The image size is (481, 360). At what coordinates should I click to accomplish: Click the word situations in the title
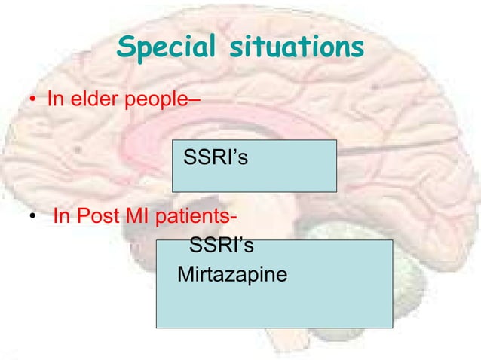[290, 49]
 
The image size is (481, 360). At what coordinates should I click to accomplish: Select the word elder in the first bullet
[91, 99]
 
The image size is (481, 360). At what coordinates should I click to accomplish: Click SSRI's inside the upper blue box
[216, 160]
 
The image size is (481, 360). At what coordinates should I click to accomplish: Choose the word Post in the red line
[100, 218]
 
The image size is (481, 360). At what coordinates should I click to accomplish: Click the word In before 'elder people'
[55, 99]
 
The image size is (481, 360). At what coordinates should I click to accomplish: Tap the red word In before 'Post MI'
[62, 218]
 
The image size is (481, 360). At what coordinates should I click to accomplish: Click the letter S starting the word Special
[125, 49]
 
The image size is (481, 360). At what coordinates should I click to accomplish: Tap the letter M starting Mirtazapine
[185, 274]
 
